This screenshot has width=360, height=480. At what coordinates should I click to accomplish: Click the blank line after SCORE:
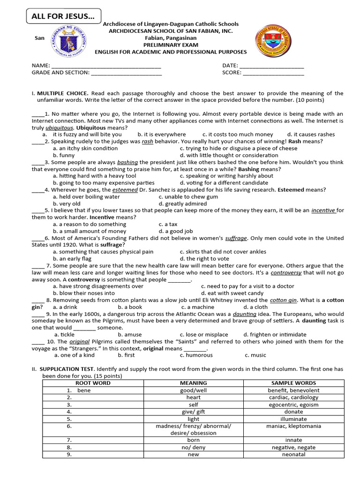point(274,73)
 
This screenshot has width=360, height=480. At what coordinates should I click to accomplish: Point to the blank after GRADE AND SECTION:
point(127,73)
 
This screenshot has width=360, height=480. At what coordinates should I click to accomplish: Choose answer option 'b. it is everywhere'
point(162,135)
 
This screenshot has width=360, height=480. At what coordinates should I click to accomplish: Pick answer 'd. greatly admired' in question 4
point(183,204)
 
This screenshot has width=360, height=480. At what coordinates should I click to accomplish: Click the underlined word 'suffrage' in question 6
point(236,238)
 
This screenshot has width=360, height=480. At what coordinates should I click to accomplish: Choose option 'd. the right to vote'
point(204,259)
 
